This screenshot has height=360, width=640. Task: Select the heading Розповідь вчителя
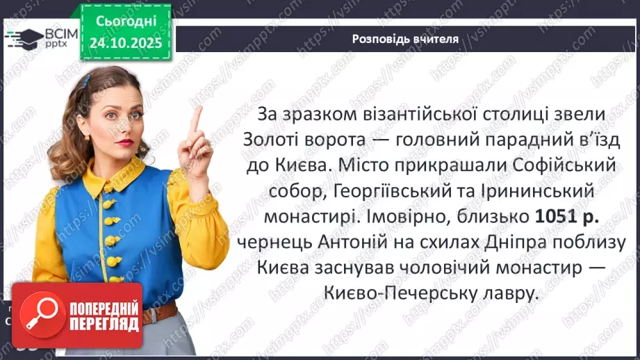(x=405, y=39)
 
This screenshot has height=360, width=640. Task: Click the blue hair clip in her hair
(x=85, y=81)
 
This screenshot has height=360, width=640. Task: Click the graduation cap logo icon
(x=23, y=38)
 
